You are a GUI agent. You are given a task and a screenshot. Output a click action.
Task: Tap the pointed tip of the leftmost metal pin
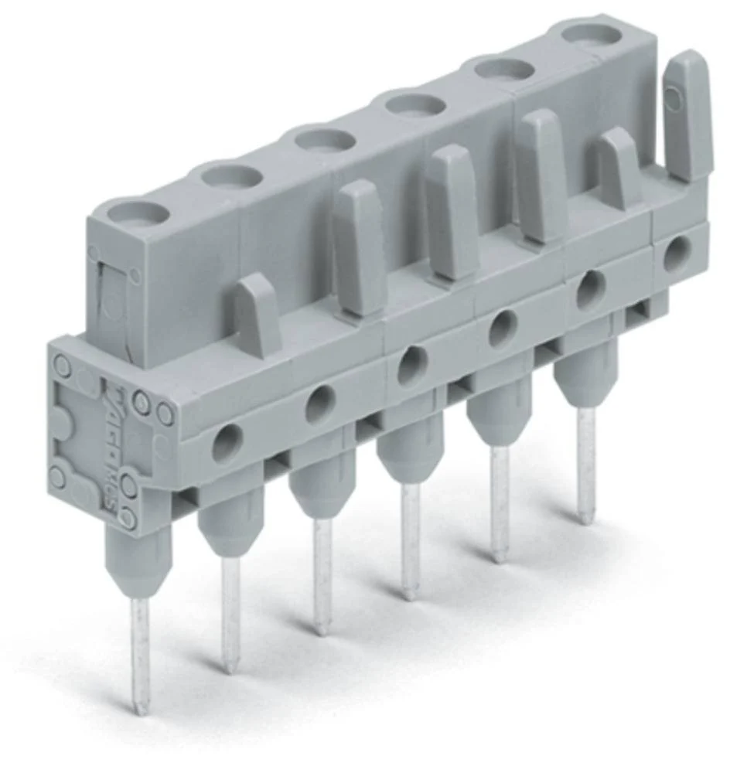[x=141, y=707]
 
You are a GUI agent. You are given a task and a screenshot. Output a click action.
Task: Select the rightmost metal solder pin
[x=587, y=464]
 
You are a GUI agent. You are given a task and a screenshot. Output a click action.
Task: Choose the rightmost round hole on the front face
[x=677, y=251]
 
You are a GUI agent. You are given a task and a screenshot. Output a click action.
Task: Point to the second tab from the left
[x=359, y=247]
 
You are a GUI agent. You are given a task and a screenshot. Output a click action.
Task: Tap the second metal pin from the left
[x=230, y=611]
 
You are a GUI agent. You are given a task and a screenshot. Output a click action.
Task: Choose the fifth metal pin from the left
[x=500, y=502]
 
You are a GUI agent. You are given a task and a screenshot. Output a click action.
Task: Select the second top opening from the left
[x=230, y=175]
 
